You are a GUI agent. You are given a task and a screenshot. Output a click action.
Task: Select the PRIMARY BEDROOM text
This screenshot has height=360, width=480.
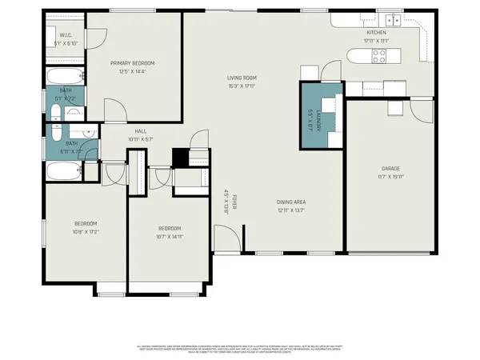coord(132,63)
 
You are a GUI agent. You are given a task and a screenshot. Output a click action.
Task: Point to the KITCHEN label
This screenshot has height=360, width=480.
coord(375,33)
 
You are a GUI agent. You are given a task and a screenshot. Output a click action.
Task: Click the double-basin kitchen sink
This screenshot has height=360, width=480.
coord(393,20)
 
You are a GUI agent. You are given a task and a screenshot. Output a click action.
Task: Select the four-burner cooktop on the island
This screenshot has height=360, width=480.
coord(378,56)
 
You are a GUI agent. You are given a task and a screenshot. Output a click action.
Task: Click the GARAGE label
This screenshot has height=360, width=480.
coord(390,169)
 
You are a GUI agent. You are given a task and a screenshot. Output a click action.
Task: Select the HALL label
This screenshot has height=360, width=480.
coord(140,131)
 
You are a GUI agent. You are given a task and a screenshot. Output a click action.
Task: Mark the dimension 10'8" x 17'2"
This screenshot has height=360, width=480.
coord(86,232)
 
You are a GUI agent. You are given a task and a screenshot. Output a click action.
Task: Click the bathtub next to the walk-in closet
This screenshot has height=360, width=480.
coord(60,77)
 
